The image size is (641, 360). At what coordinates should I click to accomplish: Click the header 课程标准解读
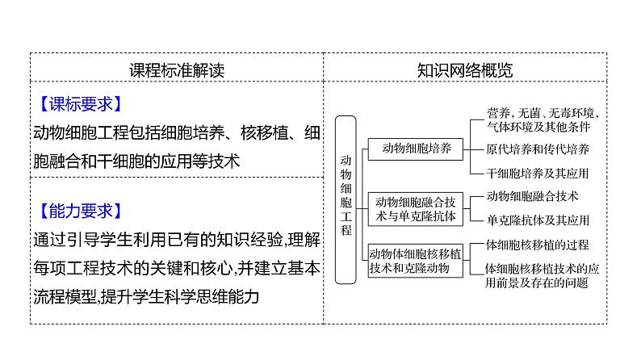pos(177,69)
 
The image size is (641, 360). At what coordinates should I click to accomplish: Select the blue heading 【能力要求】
pos(80,211)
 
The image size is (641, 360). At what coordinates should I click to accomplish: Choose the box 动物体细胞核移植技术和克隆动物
pos(416,260)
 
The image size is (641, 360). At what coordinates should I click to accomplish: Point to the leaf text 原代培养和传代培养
pos(538,149)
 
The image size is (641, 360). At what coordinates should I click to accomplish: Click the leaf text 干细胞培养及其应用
pos(538,173)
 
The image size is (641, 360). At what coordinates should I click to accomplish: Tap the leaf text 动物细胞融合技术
pos(533,196)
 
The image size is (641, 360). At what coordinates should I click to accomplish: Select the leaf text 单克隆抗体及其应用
pos(538,220)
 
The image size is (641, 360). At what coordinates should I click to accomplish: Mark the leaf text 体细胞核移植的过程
pos(538,245)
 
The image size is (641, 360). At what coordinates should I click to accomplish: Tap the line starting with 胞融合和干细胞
pos(137,160)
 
